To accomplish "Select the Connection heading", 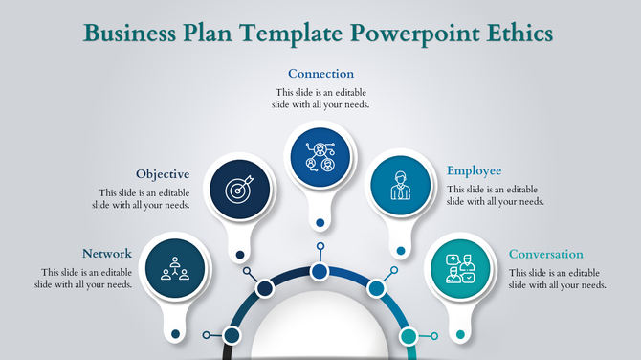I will (320, 74).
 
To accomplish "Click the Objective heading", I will (163, 174).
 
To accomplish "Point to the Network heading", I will (107, 254).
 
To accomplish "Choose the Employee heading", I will (474, 171).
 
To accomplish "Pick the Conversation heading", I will (545, 254).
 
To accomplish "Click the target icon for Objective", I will (238, 188).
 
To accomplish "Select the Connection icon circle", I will (320, 157).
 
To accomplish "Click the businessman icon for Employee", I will (399, 185).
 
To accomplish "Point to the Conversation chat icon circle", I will (460, 268).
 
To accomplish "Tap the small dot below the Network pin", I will (174, 333).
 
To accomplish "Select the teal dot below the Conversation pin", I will (460, 334).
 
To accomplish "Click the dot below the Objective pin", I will (239, 255).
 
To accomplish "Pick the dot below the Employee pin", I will (400, 254).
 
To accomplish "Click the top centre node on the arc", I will (320, 273).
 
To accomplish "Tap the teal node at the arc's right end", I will (409, 336).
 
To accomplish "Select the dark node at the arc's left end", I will (231, 335).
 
